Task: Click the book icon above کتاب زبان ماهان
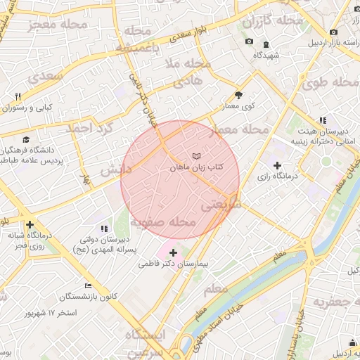click(195, 155)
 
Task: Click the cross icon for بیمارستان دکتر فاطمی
click(174, 252)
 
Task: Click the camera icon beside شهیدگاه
click(250, 41)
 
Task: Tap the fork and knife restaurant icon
click(18, 96)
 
